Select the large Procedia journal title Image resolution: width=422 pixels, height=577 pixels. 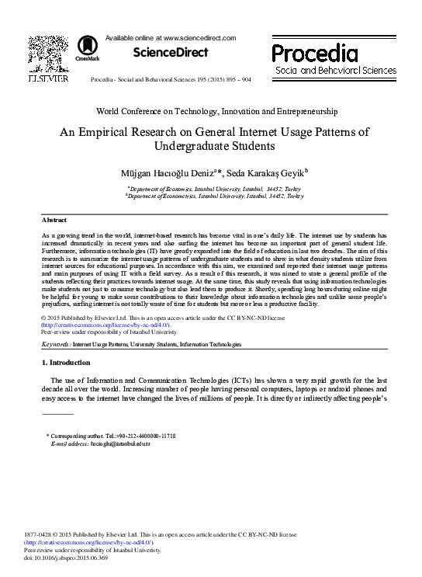pyautogui.click(x=314, y=54)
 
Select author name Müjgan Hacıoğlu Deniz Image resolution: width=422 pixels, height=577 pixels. pyautogui.click(x=182, y=171)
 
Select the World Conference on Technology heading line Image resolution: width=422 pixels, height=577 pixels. pyautogui.click(x=210, y=112)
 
